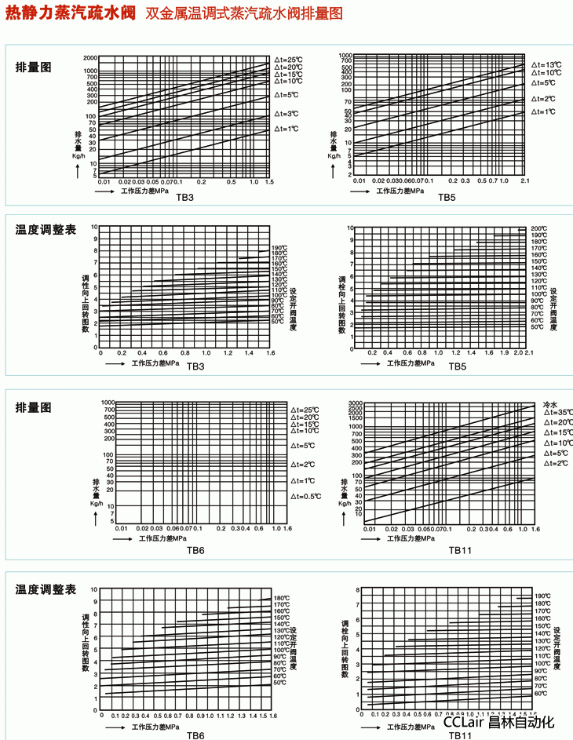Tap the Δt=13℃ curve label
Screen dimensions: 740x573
coord(546,64)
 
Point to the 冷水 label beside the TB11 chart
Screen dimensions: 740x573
coord(549,404)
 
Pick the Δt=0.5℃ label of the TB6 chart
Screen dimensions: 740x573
coord(306,497)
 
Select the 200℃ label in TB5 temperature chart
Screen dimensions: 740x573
coord(538,228)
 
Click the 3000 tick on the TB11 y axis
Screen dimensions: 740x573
coord(355,402)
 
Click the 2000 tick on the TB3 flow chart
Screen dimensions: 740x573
coord(89,59)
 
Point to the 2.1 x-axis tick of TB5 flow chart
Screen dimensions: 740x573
coord(525,180)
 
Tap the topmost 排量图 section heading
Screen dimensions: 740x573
coord(34,67)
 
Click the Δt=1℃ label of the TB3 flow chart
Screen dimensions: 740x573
coord(287,129)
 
